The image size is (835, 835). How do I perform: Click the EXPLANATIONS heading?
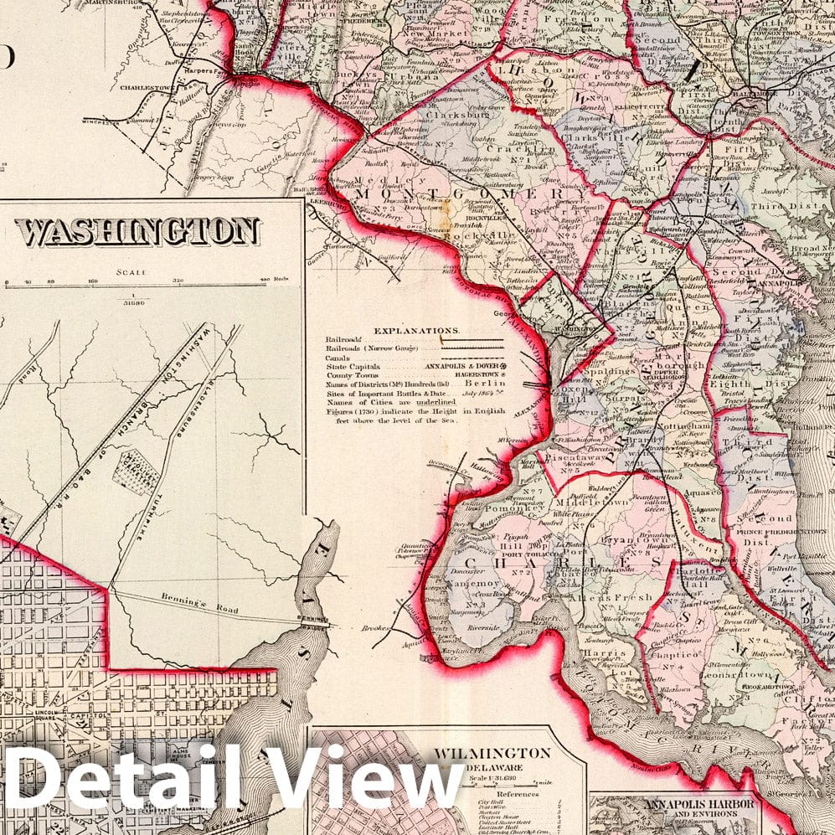(416, 331)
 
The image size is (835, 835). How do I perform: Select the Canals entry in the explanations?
(338, 358)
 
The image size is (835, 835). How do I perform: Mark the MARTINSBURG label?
(116, 10)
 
